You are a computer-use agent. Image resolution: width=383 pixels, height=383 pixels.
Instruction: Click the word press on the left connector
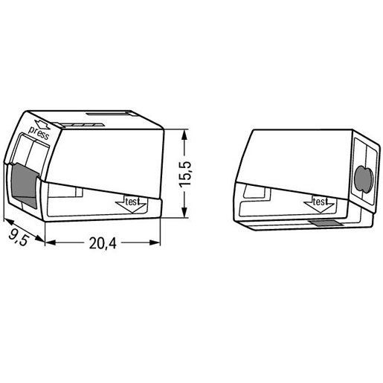click(38, 133)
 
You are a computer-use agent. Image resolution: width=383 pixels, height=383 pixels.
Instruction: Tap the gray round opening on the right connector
click(363, 178)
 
